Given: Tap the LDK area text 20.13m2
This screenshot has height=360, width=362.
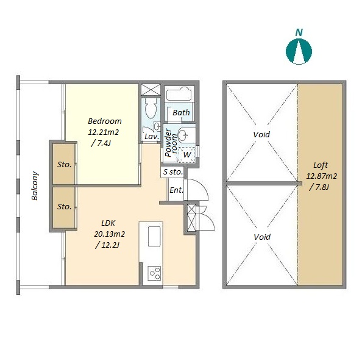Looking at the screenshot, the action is [109, 234].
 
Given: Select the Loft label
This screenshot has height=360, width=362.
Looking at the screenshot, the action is [321, 165].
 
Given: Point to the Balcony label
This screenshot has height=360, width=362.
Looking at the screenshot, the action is [35, 185].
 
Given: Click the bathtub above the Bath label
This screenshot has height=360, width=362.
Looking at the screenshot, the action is [179, 93].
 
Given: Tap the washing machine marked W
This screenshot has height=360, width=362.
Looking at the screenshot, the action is [186, 154].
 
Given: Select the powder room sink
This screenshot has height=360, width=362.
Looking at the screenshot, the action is [183, 135].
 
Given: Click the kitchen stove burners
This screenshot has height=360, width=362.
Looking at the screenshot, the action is [154, 273].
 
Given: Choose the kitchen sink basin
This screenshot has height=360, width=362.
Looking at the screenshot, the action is [154, 237].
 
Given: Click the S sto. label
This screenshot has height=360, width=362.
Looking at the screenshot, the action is [173, 172].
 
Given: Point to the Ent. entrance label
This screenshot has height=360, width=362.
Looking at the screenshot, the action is [176, 190].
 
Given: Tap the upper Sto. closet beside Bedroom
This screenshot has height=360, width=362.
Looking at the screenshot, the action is [64, 164].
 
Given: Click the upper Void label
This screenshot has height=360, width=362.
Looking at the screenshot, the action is [261, 134].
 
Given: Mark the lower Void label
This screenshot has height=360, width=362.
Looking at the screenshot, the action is [262, 237].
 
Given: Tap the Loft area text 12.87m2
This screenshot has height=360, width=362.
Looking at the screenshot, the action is [321, 176].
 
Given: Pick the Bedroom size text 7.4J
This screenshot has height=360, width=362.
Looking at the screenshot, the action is [101, 143].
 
